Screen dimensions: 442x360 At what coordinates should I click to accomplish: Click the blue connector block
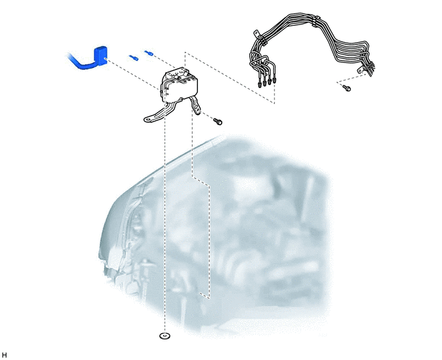[x=100, y=55]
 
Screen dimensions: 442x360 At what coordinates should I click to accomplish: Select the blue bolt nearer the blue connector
[x=134, y=58]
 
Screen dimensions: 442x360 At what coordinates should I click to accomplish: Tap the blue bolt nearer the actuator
[x=149, y=53]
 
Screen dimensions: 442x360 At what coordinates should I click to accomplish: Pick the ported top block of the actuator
[x=176, y=74]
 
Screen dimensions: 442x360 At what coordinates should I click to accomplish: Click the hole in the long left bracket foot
[x=147, y=120]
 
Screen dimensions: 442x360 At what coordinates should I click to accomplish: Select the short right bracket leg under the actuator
[x=196, y=105]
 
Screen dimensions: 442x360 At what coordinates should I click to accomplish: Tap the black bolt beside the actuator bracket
[x=218, y=122]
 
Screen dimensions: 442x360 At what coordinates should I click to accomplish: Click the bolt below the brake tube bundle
[x=347, y=88]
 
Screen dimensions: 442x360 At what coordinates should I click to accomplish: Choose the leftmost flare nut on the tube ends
[x=260, y=84]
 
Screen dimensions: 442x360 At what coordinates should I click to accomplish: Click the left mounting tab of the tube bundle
[x=257, y=34]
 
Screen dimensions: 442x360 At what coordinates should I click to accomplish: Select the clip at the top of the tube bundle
[x=315, y=21]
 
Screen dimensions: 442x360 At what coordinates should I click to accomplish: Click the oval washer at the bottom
[x=165, y=336]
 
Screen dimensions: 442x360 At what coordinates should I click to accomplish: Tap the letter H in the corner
[x=4, y=355]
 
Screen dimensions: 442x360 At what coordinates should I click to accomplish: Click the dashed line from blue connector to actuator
[x=132, y=75]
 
